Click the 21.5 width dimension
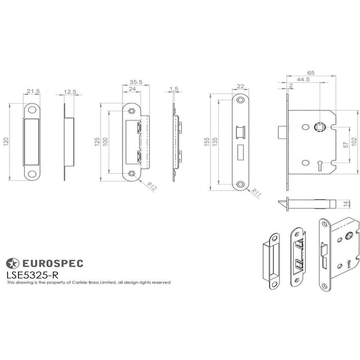pos(32,91)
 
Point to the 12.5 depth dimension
pos(70,91)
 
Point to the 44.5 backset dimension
pos(304,80)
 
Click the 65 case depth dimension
pos(310,73)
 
